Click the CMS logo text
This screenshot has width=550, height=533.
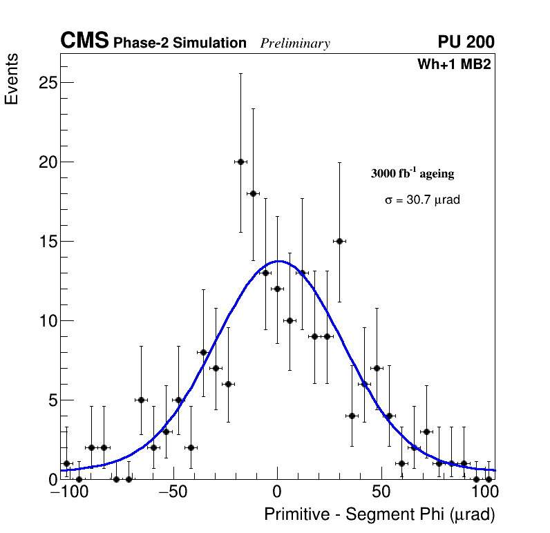pos(84,42)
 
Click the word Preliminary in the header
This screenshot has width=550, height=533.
pos(295,44)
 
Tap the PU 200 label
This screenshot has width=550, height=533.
pos(466,42)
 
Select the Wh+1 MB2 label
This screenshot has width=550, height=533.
pos(454,65)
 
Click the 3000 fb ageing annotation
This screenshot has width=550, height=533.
pos(413,173)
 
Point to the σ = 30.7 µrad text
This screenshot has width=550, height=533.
pos(422,200)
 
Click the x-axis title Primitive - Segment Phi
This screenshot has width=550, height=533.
pos(379,514)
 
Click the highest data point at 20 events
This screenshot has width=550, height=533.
pos(240,162)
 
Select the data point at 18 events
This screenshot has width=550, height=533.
pos(253,193)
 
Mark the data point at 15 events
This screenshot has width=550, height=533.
pos(339,241)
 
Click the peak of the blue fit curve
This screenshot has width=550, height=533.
pos(278,261)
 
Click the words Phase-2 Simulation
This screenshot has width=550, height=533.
pos(180,43)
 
